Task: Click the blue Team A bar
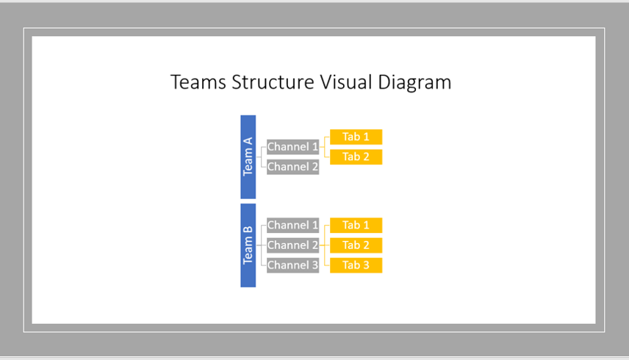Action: point(248,156)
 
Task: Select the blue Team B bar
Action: point(248,245)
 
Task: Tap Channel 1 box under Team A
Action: point(293,147)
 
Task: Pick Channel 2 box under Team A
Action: point(293,167)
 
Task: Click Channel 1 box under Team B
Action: point(293,226)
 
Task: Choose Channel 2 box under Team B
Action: point(293,245)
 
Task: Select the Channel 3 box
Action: point(293,265)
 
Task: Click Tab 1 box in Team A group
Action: point(356,137)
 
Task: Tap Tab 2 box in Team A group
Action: point(356,156)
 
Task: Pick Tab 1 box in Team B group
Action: point(356,226)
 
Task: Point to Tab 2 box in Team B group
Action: point(356,245)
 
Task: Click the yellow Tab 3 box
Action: point(356,265)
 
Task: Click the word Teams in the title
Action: point(198,82)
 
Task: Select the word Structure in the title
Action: point(273,82)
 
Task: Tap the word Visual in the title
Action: point(346,82)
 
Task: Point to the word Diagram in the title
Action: point(414,84)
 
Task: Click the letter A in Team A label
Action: point(248,142)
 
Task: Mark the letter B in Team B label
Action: point(248,230)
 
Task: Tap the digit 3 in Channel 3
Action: point(315,265)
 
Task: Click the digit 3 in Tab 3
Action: point(366,265)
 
